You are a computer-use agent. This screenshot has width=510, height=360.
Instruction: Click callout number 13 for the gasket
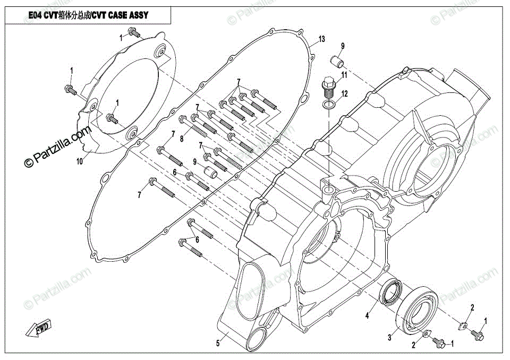(321, 39)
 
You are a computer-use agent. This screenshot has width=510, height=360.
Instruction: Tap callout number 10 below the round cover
(80, 161)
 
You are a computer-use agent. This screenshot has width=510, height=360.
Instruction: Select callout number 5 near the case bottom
(218, 343)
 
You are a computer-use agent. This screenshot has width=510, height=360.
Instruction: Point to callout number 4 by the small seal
(367, 315)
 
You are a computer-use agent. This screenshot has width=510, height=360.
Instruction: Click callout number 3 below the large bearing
(389, 338)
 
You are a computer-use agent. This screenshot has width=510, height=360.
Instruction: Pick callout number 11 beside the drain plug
(344, 75)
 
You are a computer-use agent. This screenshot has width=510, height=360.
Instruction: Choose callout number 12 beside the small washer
(344, 94)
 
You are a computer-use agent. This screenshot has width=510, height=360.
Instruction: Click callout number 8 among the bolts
(182, 139)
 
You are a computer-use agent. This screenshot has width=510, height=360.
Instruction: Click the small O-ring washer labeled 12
(329, 105)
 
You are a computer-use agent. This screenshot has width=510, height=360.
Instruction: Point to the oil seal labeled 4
(390, 293)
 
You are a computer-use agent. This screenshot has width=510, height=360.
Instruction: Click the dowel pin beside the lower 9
(211, 172)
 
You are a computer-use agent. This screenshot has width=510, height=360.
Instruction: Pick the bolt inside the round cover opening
(112, 119)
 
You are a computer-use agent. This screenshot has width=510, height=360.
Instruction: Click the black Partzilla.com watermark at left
(58, 147)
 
